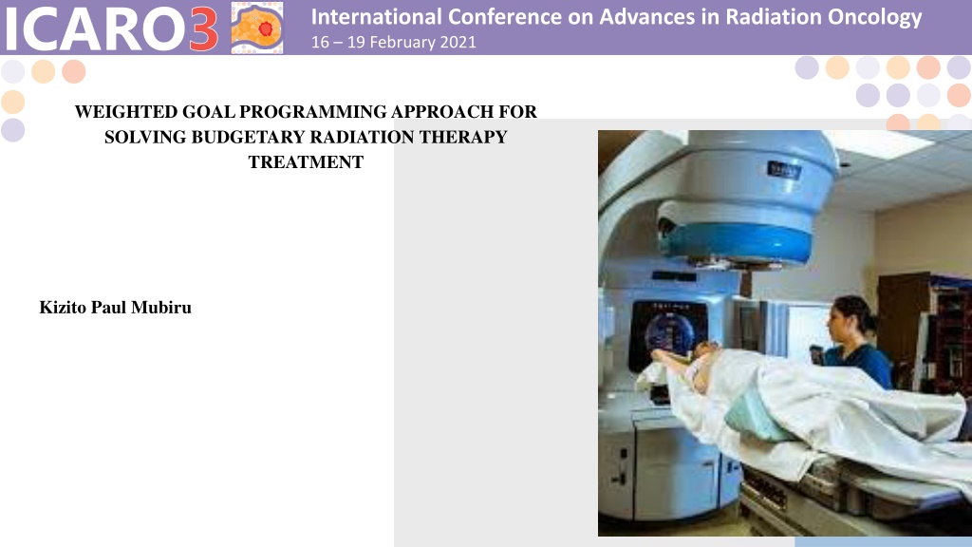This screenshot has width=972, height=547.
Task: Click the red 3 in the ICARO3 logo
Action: click(203, 28)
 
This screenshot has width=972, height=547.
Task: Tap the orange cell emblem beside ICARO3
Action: click(257, 28)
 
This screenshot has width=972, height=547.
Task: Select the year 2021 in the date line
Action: click(458, 42)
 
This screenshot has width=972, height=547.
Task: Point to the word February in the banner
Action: click(402, 42)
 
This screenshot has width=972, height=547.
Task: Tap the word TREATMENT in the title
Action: click(307, 162)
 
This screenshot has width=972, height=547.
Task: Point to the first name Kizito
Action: click(63, 308)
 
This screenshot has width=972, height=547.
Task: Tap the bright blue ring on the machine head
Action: click(736, 243)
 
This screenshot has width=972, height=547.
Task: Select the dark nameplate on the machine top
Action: click(784, 170)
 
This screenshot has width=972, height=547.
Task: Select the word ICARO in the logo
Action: click(94, 28)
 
